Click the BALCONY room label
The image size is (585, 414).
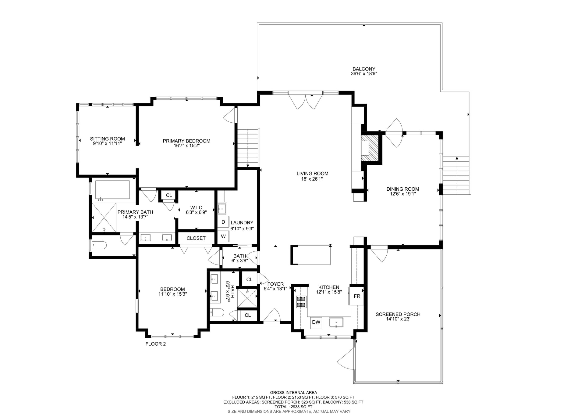click(364, 69)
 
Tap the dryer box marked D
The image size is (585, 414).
click(223, 222)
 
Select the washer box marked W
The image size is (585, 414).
click(223, 236)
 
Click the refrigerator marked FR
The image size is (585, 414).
click(357, 296)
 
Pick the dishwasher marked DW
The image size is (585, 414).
click(316, 322)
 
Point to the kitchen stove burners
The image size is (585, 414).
click(301, 301)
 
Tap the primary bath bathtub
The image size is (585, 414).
click(112, 189)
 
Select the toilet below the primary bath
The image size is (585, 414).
click(99, 245)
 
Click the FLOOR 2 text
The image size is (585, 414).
click(155, 344)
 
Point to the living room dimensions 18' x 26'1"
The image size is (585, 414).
click(312, 179)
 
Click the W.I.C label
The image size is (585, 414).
click(196, 207)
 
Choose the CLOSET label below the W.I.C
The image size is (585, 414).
click(196, 238)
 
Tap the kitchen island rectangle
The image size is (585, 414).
click(311, 255)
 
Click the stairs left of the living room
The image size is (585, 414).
click(248, 148)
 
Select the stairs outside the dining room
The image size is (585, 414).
click(456, 175)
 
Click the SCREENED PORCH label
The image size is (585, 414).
click(398, 314)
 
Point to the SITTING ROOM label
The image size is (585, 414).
click(107, 139)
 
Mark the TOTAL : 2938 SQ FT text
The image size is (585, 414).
click(293, 407)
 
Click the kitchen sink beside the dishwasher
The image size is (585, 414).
click(336, 322)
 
